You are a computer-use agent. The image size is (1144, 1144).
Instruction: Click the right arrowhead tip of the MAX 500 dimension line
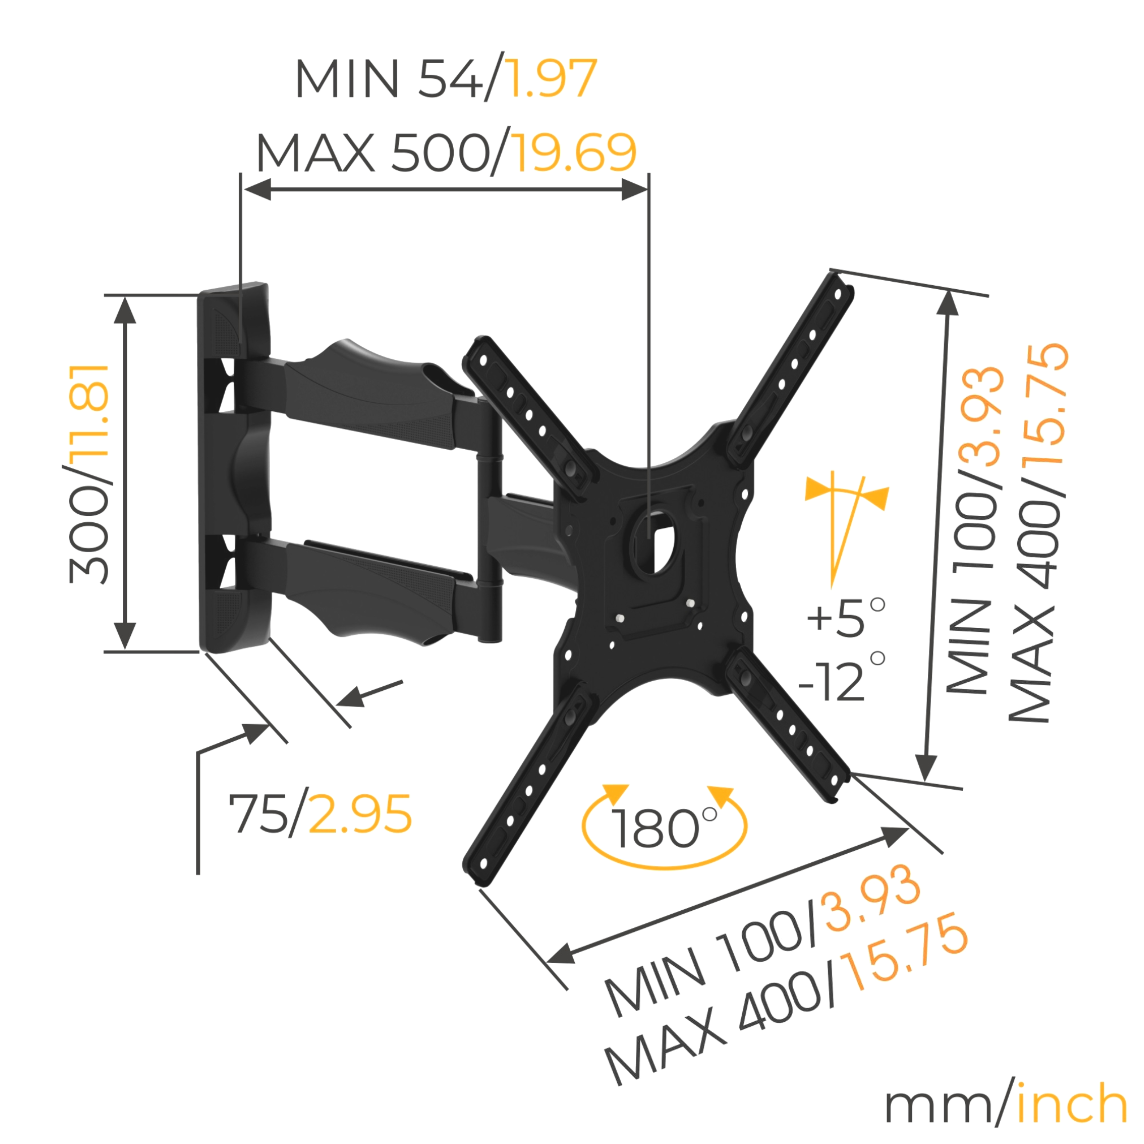tap(648, 190)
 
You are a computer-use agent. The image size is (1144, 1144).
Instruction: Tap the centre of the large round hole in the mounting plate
tap(653, 539)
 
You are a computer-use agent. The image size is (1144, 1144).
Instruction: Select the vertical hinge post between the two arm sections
tap(489, 521)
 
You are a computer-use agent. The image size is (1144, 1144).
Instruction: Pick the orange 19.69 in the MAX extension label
tap(573, 153)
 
